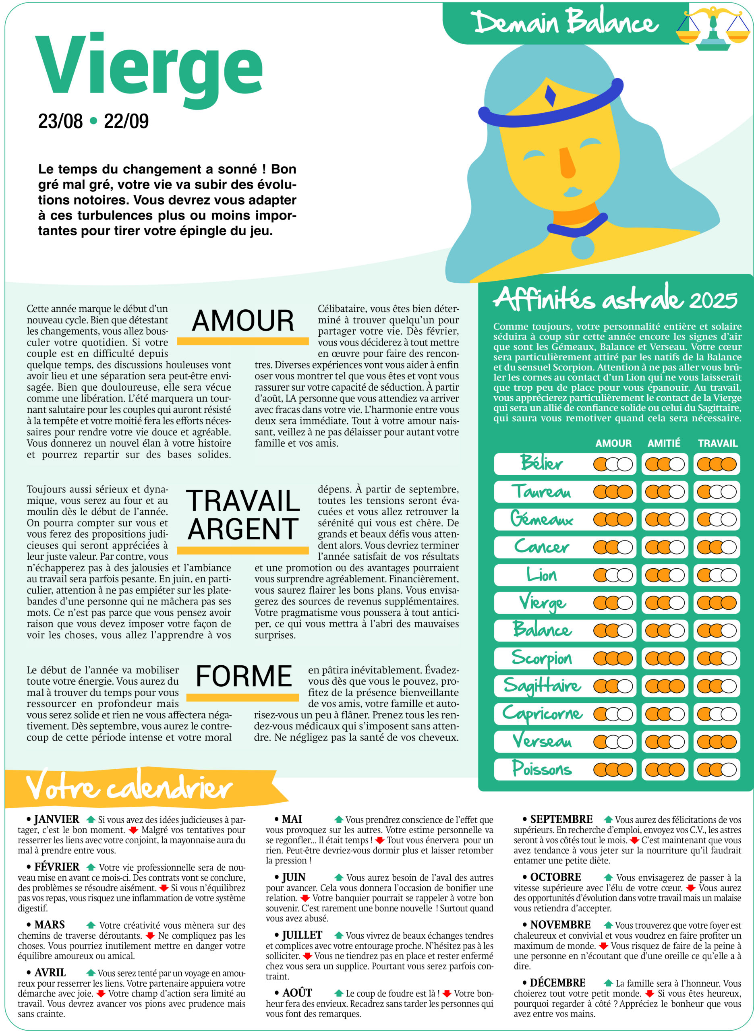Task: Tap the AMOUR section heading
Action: click(x=243, y=321)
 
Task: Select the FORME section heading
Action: click(x=244, y=676)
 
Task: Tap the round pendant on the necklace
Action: click(x=583, y=247)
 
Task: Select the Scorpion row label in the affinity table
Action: click(x=542, y=658)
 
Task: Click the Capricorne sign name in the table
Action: click(x=542, y=713)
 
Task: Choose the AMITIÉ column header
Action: click(x=664, y=443)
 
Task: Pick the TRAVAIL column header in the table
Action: click(x=717, y=443)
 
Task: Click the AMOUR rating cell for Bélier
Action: click(x=613, y=464)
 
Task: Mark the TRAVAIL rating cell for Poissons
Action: click(x=717, y=770)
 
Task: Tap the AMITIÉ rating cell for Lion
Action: click(x=665, y=575)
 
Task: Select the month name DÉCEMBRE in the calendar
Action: click(x=557, y=983)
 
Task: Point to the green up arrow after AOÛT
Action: click(x=339, y=993)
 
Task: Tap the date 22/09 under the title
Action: click(x=126, y=121)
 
